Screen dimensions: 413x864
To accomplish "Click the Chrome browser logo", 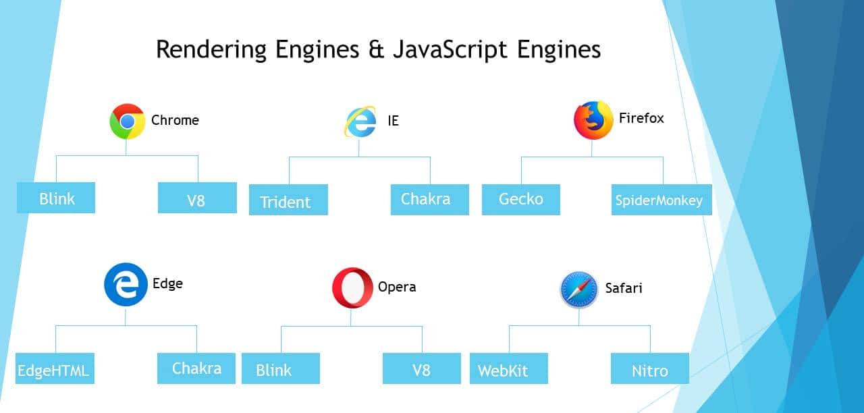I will (128, 121).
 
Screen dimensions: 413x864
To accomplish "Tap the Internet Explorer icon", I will (360, 122).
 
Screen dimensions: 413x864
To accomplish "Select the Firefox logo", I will (593, 121).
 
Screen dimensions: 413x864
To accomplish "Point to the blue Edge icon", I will (126, 285).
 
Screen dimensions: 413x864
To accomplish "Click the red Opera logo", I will (352, 288).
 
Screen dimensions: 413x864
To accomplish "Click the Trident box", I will (288, 200).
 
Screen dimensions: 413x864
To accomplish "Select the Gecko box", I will (520, 200).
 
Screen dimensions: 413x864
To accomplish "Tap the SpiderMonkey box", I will (661, 200).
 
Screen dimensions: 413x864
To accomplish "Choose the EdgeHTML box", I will (55, 368).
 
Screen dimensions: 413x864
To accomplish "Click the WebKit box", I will (508, 368).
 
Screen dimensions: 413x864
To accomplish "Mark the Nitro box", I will (650, 368).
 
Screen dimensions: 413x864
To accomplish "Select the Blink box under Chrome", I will (56, 198).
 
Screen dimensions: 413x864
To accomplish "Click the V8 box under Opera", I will (421, 368).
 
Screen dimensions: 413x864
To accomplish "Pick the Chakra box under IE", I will (429, 200).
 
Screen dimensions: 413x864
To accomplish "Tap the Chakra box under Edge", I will (196, 368).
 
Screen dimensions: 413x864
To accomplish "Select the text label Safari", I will (623, 288).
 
